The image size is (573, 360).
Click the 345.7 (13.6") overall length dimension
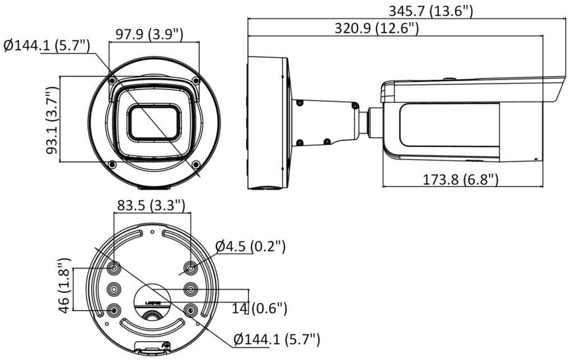[x=430, y=10]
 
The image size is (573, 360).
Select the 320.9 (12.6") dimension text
[x=377, y=28]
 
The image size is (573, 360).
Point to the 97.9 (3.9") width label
[x=149, y=34]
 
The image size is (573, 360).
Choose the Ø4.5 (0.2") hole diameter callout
[x=251, y=246]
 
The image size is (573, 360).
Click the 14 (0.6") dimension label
[x=259, y=307]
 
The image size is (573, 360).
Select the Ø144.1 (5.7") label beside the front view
[x=46, y=46]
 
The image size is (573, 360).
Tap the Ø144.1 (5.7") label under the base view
[x=276, y=339]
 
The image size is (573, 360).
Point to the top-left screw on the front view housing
[x=112, y=81]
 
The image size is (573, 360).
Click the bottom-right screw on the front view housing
[x=196, y=164]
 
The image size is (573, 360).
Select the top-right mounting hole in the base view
[x=190, y=269]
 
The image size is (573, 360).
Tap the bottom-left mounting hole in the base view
[x=114, y=310]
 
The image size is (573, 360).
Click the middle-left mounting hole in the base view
[x=114, y=289]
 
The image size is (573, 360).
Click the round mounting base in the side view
[x=269, y=122]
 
